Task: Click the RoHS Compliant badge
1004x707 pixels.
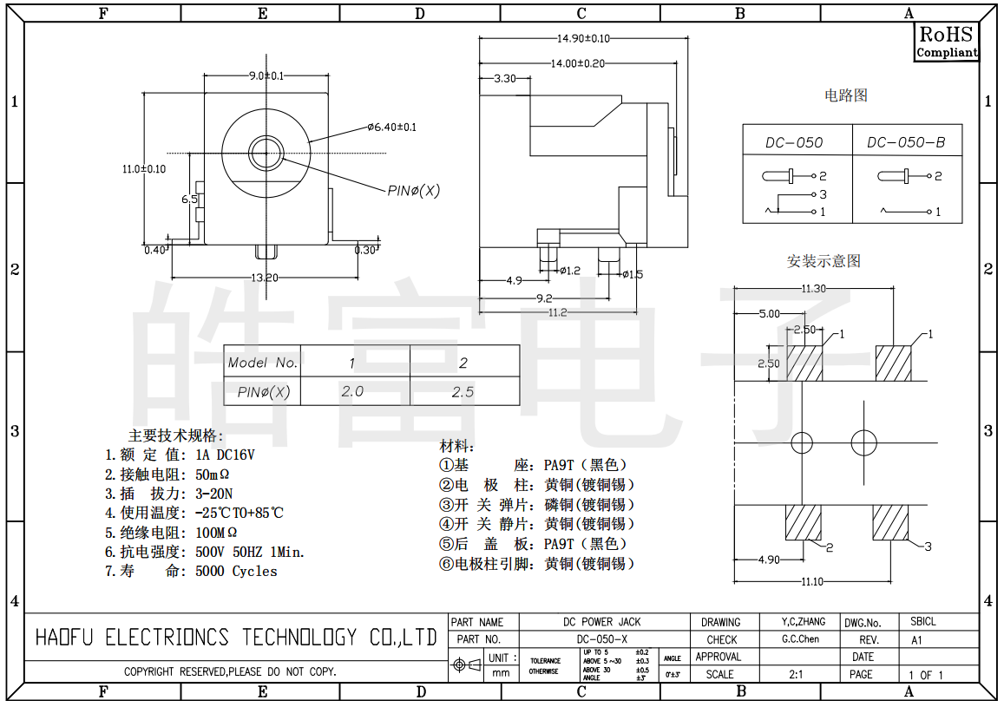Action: pos(947,42)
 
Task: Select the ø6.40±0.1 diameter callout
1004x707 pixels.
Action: pos(391,128)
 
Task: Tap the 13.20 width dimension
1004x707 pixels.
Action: pos(265,278)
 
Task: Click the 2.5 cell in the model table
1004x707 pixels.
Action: pos(463,392)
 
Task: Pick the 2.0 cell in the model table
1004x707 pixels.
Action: pos(352,392)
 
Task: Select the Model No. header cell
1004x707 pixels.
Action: pos(262,363)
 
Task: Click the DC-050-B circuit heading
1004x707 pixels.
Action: pos(906,142)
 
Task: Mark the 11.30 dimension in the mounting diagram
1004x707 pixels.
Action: pos(813,289)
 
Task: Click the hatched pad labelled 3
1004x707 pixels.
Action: pos(890,521)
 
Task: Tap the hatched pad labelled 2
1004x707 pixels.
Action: pos(803,521)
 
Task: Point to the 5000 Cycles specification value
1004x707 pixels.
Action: pos(236,571)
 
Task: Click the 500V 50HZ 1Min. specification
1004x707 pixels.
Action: pos(250,552)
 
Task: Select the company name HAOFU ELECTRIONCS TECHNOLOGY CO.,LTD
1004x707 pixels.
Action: pos(235,638)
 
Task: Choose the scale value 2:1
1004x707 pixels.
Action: pos(796,674)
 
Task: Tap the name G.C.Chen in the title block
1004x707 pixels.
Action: pos(800,639)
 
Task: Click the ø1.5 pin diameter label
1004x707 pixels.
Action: pos(633,275)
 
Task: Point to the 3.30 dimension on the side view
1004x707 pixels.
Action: pos(504,78)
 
